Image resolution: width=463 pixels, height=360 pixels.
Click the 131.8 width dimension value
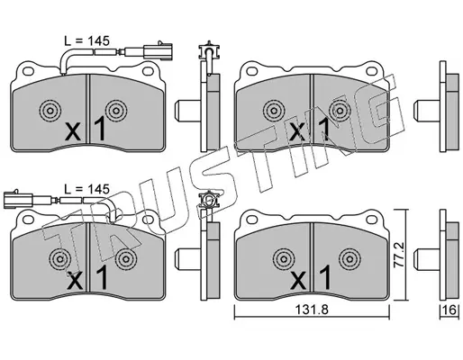point(312,310)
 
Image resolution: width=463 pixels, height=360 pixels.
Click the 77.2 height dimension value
point(399,255)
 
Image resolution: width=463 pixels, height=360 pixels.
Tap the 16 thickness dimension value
point(450,310)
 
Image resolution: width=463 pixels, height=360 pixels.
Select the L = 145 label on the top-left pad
point(87,40)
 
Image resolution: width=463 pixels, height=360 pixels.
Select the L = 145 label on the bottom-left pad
point(87,189)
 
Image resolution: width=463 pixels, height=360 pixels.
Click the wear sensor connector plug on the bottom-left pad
point(18,199)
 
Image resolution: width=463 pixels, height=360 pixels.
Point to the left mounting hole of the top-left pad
point(28,71)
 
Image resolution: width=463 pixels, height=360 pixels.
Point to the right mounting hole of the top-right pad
point(371,71)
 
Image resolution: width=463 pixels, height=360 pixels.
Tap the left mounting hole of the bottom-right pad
point(251,220)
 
